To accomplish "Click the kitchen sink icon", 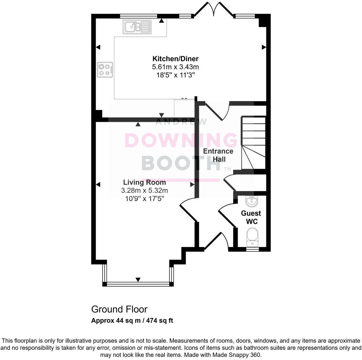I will (x=137, y=27).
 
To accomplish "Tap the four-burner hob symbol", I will (x=105, y=69).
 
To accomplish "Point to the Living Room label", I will (x=145, y=182).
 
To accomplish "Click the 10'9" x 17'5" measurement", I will (x=145, y=198).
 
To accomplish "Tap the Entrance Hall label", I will (x=218, y=155).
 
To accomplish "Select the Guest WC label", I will (x=251, y=217).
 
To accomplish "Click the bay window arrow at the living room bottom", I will (x=138, y=279).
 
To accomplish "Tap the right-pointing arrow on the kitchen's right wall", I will (x=264, y=47).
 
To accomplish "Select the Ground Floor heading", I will (x=119, y=309).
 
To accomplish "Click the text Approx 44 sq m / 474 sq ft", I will (x=132, y=321).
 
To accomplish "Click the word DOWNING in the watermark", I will (x=181, y=141).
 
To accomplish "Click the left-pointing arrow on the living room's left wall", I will (x=98, y=184).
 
